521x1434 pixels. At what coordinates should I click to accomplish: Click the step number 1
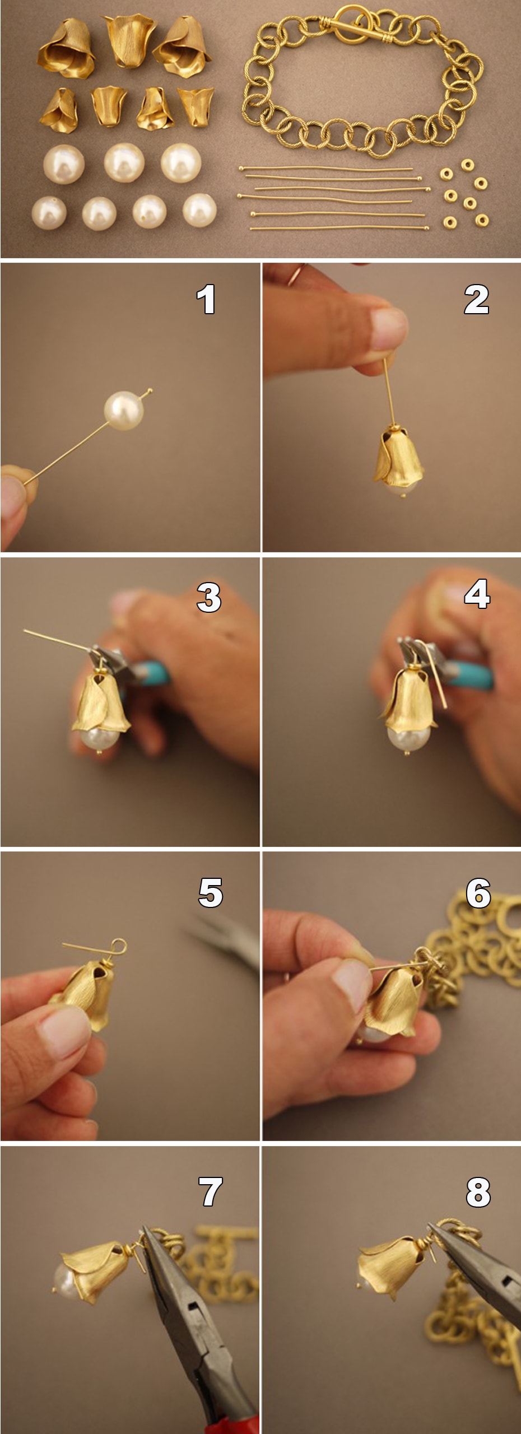(206, 299)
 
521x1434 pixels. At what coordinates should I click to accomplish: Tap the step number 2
(476, 299)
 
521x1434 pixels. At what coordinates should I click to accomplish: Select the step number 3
(209, 597)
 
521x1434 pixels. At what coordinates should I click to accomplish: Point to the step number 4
(477, 594)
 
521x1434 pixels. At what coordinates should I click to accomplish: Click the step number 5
(211, 892)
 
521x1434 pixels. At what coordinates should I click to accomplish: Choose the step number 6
(478, 892)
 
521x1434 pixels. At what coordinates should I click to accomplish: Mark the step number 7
(211, 1191)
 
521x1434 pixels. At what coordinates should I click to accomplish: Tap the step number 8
(478, 1191)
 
